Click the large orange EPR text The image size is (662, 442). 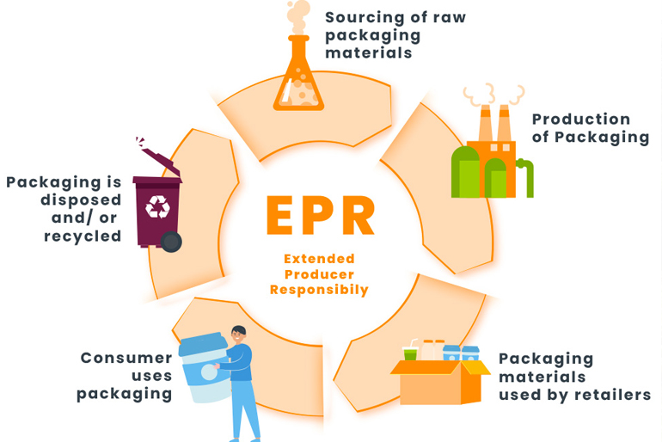319,215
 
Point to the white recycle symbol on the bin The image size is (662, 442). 157,206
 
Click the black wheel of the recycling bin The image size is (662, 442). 172,242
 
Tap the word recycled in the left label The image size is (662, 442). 83,236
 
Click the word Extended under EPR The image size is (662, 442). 319,259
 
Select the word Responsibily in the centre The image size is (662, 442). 319,290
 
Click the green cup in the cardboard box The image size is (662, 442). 410,353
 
